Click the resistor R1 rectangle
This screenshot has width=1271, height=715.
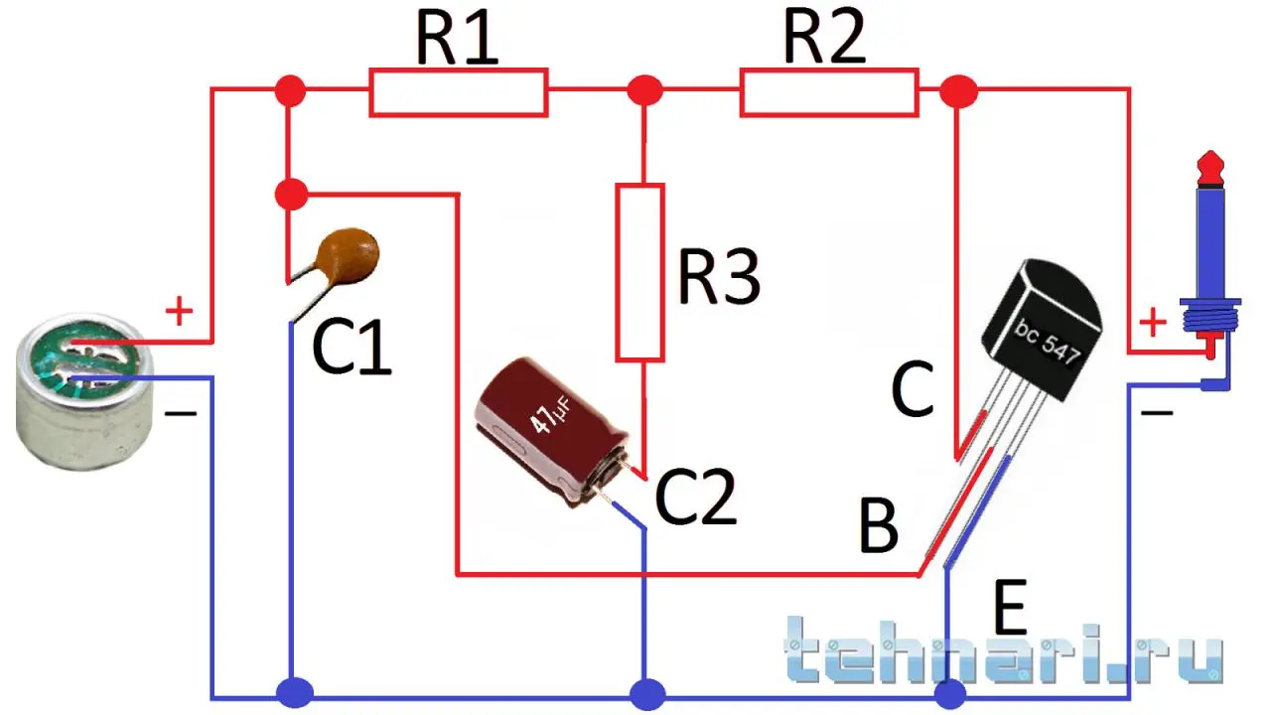pyautogui.click(x=458, y=92)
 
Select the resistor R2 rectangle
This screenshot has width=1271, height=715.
pyautogui.click(x=828, y=92)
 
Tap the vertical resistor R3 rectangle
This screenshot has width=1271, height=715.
pyautogui.click(x=640, y=271)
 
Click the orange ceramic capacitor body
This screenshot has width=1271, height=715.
pyautogui.click(x=349, y=254)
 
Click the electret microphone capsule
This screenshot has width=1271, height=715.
pyautogui.click(x=84, y=396)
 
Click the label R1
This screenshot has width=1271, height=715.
pyautogui.click(x=456, y=40)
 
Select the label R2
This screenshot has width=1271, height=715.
pyautogui.click(x=824, y=40)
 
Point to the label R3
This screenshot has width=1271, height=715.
pyautogui.click(x=719, y=277)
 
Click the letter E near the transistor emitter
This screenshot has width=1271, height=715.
pyautogui.click(x=1009, y=609)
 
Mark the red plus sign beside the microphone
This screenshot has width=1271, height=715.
pyautogui.click(x=179, y=313)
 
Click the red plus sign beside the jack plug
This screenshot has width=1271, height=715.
pyautogui.click(x=1153, y=323)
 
